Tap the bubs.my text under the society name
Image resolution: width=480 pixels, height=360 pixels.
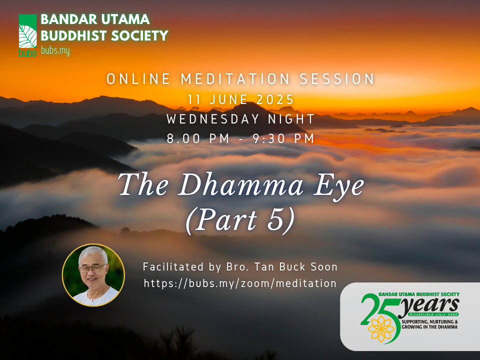55,51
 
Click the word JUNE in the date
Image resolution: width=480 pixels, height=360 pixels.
229,100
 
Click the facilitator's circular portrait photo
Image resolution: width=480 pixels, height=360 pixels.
93,274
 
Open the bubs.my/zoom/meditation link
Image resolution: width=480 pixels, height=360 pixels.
240,283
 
